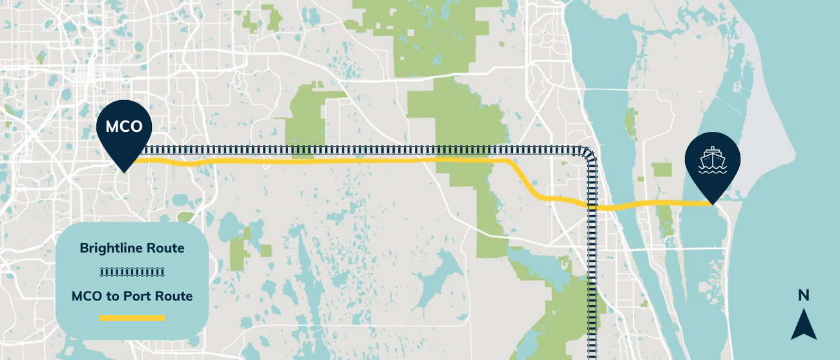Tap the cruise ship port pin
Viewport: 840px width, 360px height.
[712, 162]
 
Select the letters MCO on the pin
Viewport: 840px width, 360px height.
[124, 127]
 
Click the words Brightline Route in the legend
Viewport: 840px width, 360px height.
[132, 248]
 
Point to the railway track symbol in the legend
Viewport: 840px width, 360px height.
[132, 271]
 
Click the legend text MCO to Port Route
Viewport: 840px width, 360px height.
[132, 297]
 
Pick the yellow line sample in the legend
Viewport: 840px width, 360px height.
[132, 318]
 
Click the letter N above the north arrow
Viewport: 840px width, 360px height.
[803, 295]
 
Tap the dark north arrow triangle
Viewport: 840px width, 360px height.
[803, 326]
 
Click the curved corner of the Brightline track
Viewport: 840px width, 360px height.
[587, 155]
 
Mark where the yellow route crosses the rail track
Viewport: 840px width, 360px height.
[592, 207]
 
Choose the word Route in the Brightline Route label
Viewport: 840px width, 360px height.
[165, 248]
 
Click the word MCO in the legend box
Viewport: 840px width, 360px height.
[87, 297]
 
